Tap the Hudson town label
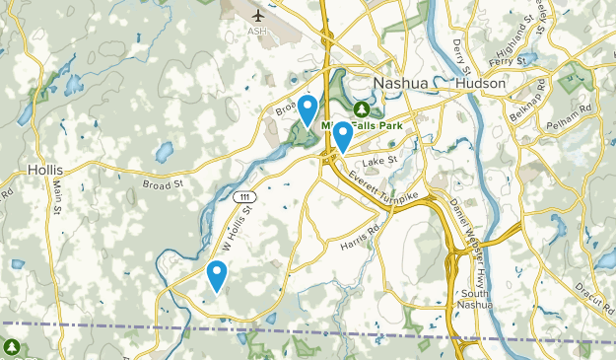point(481,84)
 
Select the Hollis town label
point(46,169)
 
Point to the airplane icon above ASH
point(259,15)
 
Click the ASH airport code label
point(258,31)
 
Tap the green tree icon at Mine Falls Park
point(363,108)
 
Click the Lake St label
point(378,161)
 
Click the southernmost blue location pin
point(217,275)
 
